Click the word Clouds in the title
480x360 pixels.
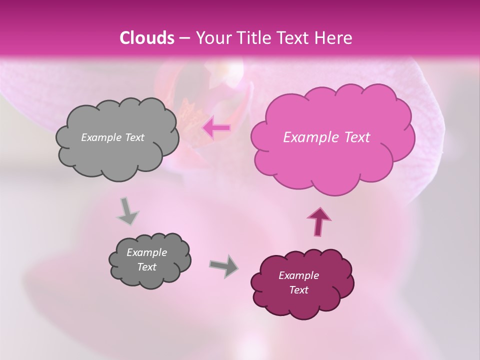(147, 38)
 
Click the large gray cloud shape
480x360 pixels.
(117, 155)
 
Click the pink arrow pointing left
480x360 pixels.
(216, 128)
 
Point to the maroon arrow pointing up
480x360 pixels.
(318, 221)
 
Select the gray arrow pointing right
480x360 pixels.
(224, 265)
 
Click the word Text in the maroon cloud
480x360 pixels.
(298, 290)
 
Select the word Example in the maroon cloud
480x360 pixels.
(298, 275)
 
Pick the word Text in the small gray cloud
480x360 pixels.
(146, 267)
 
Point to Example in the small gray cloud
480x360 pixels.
(146, 252)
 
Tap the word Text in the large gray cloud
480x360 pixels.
(134, 137)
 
